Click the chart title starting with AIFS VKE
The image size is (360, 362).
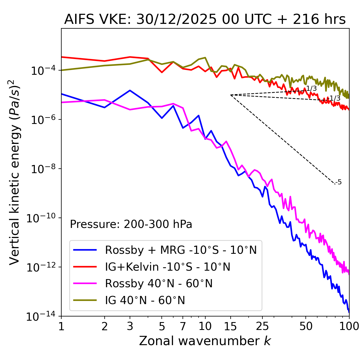pos(205,19)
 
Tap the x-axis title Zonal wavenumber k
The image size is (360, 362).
pos(205,341)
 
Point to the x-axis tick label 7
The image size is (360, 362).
pos(183,326)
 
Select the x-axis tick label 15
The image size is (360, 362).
pos(231,326)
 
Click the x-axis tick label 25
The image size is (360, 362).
pos(262,326)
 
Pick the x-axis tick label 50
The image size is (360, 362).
pos(306,326)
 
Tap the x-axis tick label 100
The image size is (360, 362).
pos(349,326)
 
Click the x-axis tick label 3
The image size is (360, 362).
pos(130,326)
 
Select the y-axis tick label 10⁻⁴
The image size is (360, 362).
pos(42,71)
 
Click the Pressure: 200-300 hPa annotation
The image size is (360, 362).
pos(131,224)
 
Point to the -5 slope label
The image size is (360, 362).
pos(339,182)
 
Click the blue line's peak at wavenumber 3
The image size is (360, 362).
pos(130,90)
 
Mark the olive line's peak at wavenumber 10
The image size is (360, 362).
pos(205,58)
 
